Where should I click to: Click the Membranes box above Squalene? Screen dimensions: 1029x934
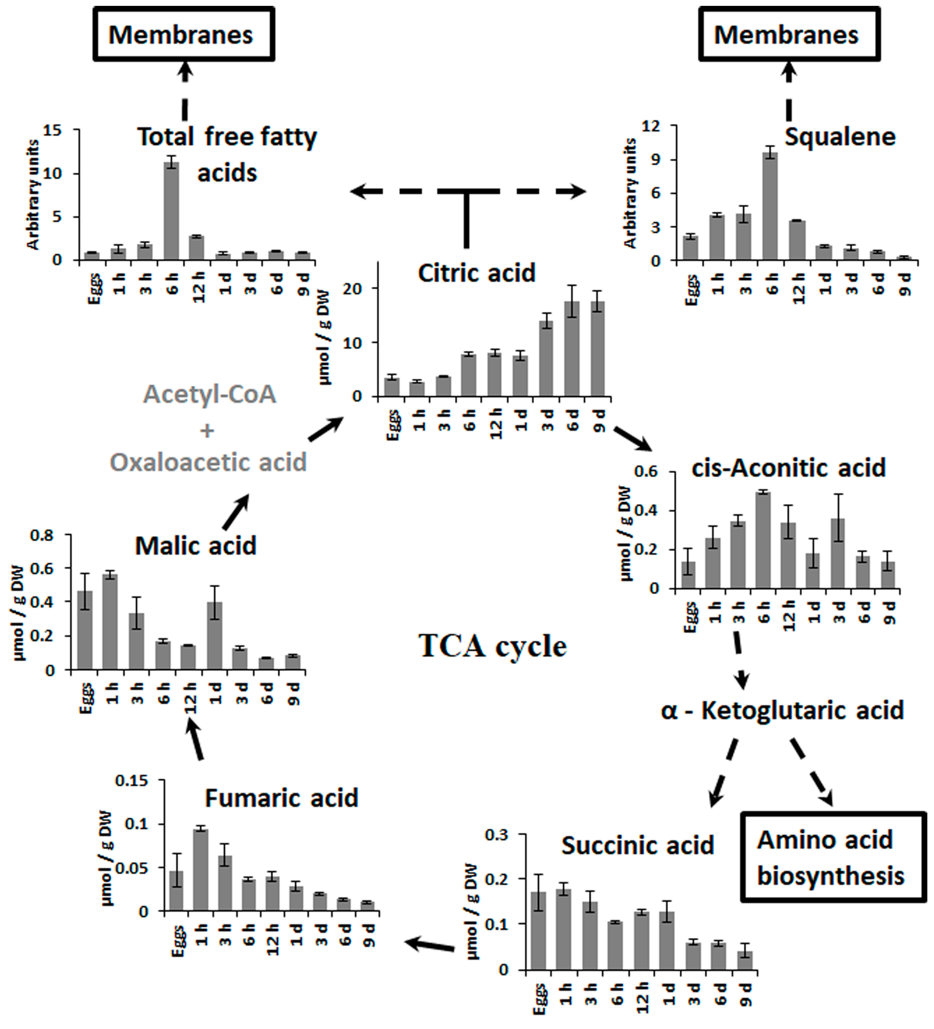[789, 35]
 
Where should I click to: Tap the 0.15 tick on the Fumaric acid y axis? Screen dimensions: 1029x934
[132, 781]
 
